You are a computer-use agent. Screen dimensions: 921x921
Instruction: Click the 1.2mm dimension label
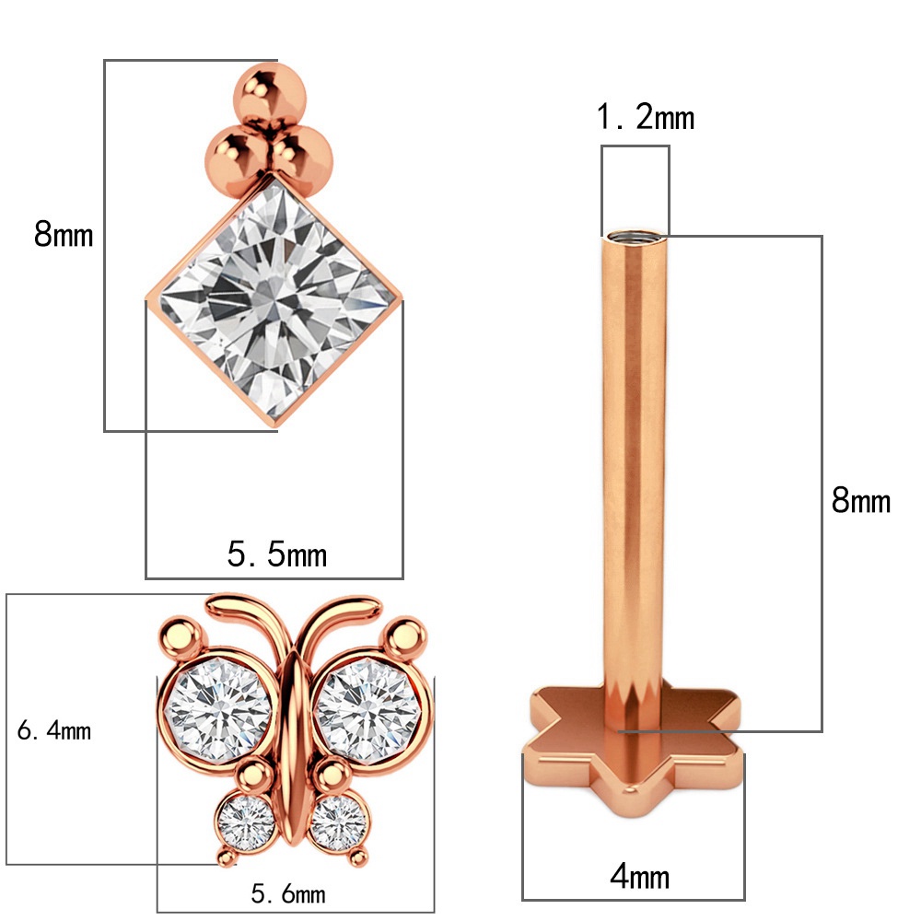[x=645, y=118]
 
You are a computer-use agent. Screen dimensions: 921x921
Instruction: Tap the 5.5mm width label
[x=276, y=554]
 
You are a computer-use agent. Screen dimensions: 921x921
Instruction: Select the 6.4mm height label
[x=54, y=731]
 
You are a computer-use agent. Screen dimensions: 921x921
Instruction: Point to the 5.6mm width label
[x=288, y=893]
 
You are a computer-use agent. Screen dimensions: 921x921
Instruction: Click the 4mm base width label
[x=639, y=876]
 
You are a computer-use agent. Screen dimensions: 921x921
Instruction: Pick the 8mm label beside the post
[x=860, y=501]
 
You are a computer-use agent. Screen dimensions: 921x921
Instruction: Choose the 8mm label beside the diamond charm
[x=64, y=235]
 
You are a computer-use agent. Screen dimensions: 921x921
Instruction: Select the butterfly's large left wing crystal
[x=219, y=710]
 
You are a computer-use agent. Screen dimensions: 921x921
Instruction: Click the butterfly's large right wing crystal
[x=367, y=710]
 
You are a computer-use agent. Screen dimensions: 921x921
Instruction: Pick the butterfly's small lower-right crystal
[x=339, y=822]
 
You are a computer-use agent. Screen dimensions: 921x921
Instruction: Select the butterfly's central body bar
[x=293, y=737]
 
